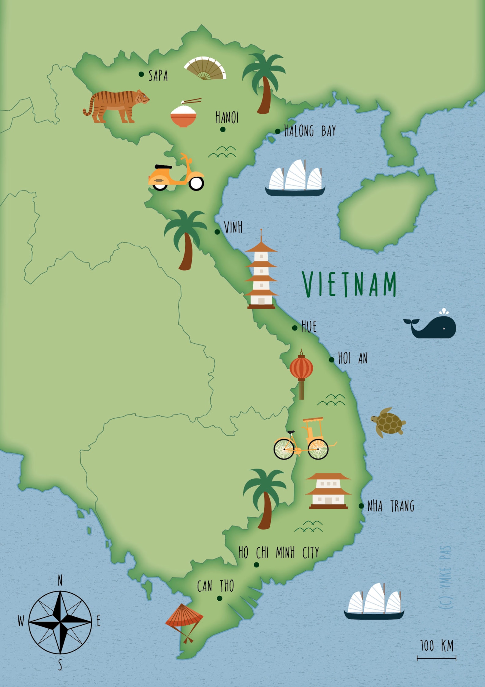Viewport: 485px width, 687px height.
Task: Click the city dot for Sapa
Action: pos(141,74)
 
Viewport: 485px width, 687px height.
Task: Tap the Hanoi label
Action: pos(227,118)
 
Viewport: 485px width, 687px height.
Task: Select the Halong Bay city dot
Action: pos(278,132)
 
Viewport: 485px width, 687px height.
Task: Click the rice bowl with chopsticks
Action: pos(184,115)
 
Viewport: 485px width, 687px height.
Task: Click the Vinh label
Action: pos(233,228)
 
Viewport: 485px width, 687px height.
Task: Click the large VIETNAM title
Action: pos(349,284)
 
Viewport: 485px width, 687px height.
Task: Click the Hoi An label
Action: pos(353,358)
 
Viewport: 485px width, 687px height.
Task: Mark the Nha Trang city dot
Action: pos(361,506)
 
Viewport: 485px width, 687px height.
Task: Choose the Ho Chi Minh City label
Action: pos(279,552)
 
